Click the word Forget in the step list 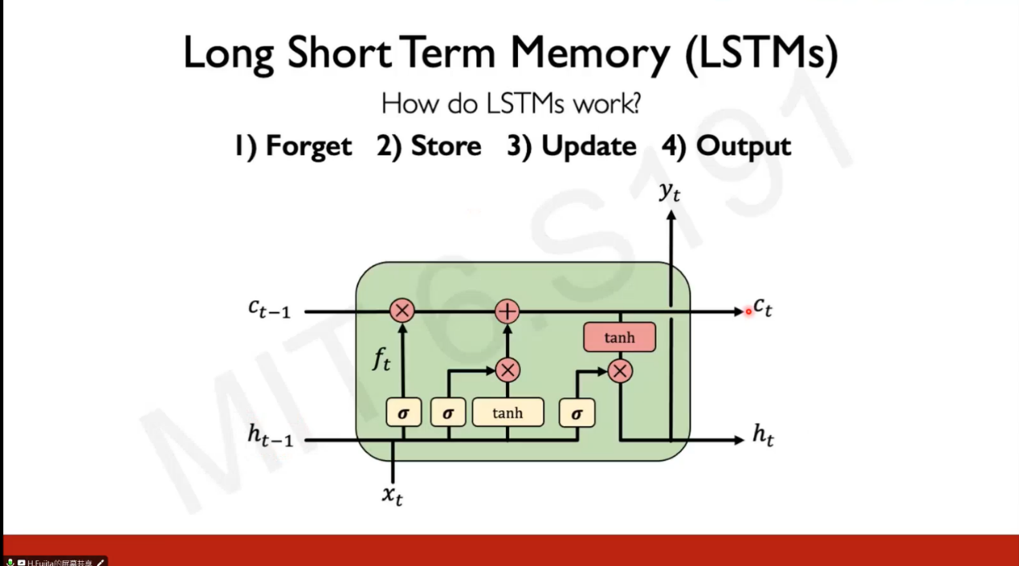pyautogui.click(x=308, y=146)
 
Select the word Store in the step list pyautogui.click(x=446, y=146)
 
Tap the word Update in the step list pyautogui.click(x=589, y=146)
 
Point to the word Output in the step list pyautogui.click(x=743, y=146)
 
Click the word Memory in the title pyautogui.click(x=589, y=55)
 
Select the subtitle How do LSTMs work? pyautogui.click(x=511, y=104)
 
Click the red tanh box pyautogui.click(x=619, y=338)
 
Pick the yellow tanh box pyautogui.click(x=507, y=413)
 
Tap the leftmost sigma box pyautogui.click(x=403, y=413)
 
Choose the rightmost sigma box pyautogui.click(x=577, y=413)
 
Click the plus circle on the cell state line pyautogui.click(x=507, y=311)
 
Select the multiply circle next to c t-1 pyautogui.click(x=402, y=311)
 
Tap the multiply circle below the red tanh pyautogui.click(x=619, y=371)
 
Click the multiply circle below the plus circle pyautogui.click(x=507, y=370)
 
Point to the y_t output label pyautogui.click(x=670, y=191)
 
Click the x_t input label pyautogui.click(x=392, y=495)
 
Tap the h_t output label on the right pyautogui.click(x=763, y=435)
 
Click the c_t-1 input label pyautogui.click(x=269, y=307)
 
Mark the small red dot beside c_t pyautogui.click(x=748, y=312)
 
